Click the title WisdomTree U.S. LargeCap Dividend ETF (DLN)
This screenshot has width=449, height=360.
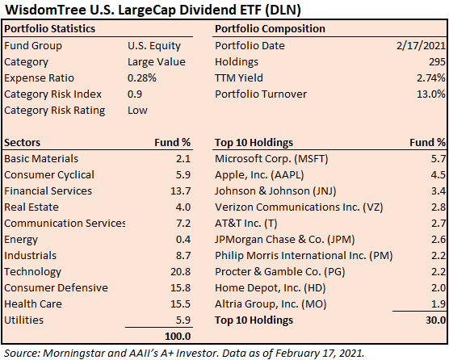153,10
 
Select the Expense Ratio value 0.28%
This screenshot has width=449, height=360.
142,77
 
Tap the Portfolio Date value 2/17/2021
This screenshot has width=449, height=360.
422,46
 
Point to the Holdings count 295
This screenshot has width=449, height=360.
437,62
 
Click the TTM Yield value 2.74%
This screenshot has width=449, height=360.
431,77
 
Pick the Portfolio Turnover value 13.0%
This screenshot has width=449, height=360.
431,94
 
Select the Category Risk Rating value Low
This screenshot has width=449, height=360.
137,110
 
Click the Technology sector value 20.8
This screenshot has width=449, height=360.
180,271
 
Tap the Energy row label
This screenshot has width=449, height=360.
21,240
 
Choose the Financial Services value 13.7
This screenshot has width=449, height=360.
180,190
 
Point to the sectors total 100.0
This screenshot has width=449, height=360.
178,337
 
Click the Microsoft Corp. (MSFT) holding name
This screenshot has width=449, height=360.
271,159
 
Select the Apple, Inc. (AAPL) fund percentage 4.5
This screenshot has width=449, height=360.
439,175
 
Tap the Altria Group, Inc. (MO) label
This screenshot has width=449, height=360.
271,304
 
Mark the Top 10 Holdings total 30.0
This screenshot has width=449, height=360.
436,320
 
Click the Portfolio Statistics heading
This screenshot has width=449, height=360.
50,29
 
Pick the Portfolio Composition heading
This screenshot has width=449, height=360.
270,29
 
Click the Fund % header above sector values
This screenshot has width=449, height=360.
172,143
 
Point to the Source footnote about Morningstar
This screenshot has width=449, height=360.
184,353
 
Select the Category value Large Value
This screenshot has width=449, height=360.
157,62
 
